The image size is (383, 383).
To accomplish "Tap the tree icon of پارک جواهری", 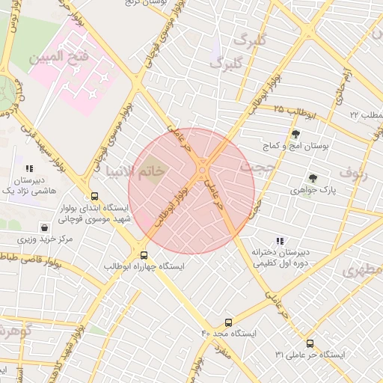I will pos(312,178).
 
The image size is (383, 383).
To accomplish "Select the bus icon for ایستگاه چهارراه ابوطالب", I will pos(144,254).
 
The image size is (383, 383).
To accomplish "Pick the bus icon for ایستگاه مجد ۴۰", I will pos(228,322).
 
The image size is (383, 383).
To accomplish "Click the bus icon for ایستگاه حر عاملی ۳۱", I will pos(310,344).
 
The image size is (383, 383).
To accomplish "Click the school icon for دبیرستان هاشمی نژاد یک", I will pos(30,169).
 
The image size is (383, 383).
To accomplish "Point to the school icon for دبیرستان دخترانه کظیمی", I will pos(280,241).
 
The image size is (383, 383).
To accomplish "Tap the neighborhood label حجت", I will pos(257,168).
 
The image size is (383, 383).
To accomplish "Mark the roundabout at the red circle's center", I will pos(203,173).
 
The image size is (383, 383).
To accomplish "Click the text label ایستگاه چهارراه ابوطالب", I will pos(144,266).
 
